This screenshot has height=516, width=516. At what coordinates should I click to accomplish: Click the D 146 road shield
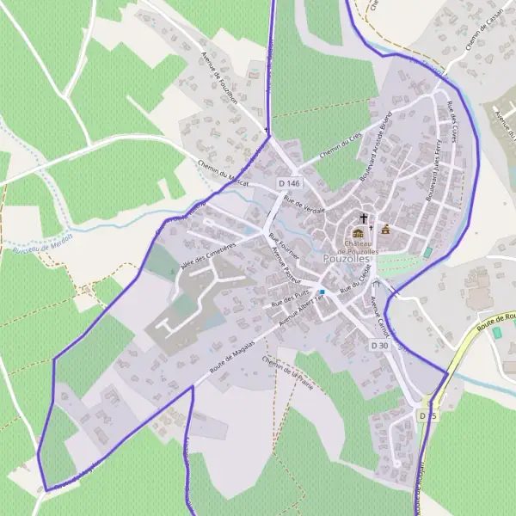point(290,184)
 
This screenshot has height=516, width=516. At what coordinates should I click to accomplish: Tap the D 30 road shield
point(381,345)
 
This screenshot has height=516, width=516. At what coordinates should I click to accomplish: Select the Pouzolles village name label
point(347,258)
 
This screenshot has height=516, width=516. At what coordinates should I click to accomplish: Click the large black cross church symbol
point(363,218)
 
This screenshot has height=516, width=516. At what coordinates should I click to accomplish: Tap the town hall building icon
point(385,229)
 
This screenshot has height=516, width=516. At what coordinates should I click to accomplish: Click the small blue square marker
point(322,292)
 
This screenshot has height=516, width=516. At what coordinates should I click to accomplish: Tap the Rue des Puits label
point(290,299)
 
